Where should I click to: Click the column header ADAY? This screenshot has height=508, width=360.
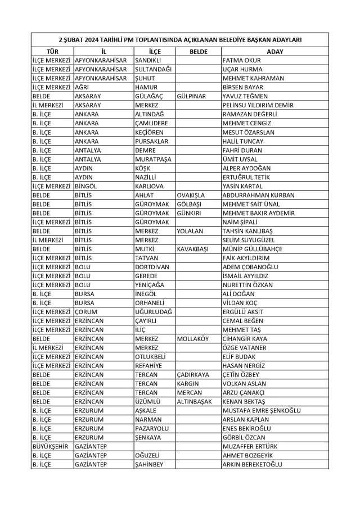tap(274, 51)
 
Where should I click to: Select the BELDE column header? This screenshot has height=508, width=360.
tap(198, 51)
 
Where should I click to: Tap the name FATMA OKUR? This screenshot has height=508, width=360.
tap(242, 60)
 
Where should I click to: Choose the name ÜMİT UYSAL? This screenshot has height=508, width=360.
tap(242, 159)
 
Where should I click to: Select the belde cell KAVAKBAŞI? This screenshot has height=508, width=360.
tap(194, 249)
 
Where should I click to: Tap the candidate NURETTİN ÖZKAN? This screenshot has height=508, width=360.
tap(248, 285)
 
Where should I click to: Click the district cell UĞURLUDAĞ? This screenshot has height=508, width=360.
tap(154, 312)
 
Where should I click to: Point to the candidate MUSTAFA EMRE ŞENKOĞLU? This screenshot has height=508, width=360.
tap(262, 411)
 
